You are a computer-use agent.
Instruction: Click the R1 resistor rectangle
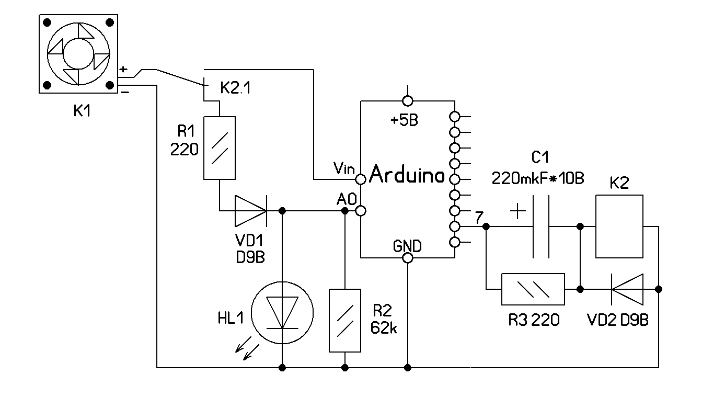coord(219,148)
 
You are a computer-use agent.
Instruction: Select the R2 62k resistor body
coord(345,320)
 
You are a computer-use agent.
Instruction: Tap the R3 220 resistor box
coord(533,289)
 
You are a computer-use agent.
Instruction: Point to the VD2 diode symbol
coord(627,289)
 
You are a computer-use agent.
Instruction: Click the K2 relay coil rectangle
coord(620,226)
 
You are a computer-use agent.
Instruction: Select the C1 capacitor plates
coord(541,226)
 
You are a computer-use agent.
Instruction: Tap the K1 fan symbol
coord(78,54)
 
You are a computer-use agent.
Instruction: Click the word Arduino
coord(407,175)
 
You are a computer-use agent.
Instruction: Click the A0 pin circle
coord(360,211)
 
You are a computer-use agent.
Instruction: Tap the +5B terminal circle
coord(408,100)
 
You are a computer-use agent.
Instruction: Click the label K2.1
coord(235,88)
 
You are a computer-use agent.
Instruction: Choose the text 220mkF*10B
coord(538,179)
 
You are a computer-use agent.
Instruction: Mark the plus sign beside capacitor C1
coord(517,211)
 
